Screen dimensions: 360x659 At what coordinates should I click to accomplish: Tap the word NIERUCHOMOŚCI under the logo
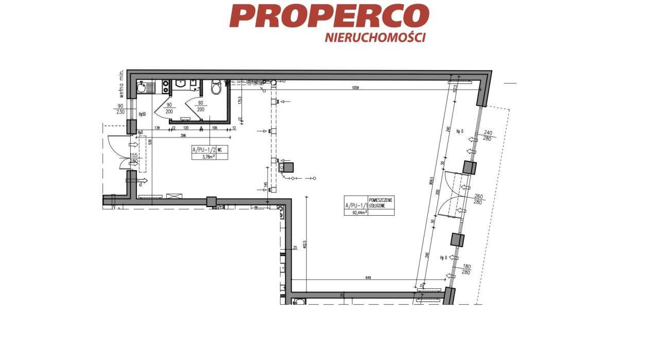375,38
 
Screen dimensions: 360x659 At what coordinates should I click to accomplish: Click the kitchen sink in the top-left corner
144,88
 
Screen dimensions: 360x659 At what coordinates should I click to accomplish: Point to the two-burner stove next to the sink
166,87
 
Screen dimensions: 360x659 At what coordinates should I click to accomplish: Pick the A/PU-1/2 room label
203,150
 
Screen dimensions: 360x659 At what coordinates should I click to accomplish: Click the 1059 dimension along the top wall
355,88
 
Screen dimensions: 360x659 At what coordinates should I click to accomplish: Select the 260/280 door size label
478,199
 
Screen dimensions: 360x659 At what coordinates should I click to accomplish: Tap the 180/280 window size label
466,269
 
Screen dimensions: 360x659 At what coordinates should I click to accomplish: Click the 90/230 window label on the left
120,109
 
